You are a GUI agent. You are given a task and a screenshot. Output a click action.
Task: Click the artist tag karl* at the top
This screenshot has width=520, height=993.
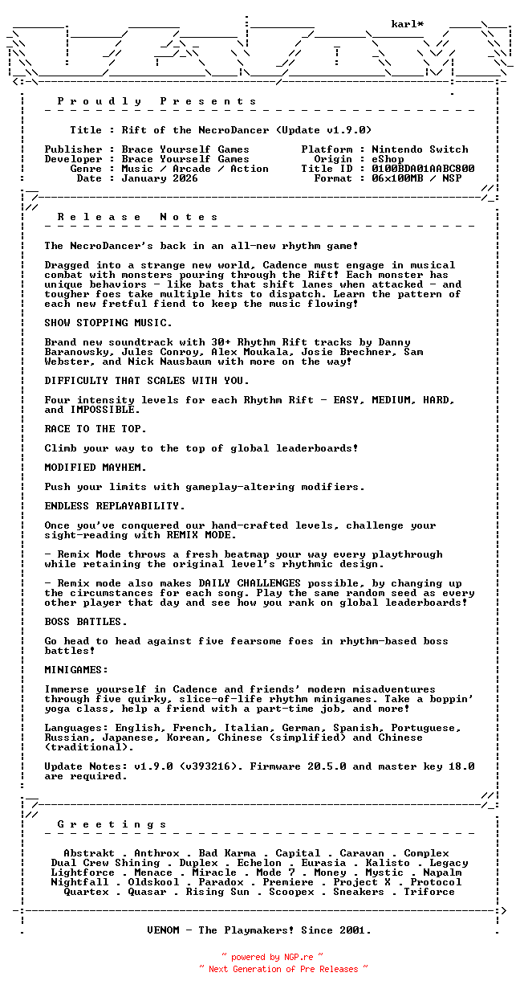(x=408, y=24)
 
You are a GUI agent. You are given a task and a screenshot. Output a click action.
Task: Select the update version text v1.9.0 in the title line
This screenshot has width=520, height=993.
(x=346, y=130)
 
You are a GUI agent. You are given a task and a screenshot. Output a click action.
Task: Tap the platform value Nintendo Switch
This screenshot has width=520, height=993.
(x=420, y=149)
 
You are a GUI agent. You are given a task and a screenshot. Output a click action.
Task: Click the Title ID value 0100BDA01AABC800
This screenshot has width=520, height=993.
(x=423, y=169)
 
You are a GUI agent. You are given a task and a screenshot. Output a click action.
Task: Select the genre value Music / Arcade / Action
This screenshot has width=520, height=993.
(x=195, y=169)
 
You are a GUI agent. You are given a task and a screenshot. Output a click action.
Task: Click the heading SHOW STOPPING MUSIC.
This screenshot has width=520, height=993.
(x=108, y=323)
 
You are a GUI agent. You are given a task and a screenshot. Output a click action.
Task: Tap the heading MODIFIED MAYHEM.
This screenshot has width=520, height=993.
(x=95, y=468)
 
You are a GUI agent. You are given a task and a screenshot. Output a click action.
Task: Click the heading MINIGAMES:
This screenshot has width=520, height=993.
(x=76, y=670)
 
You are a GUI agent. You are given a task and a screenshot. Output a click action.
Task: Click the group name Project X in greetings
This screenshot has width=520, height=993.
(x=362, y=882)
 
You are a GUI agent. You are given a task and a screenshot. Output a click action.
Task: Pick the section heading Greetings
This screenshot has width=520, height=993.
(x=112, y=824)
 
